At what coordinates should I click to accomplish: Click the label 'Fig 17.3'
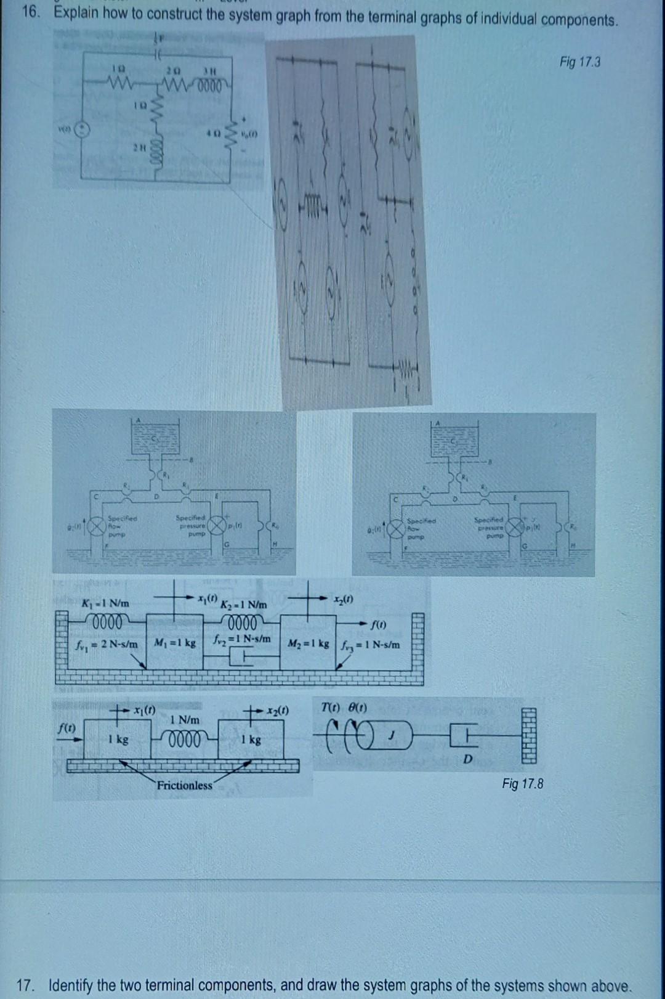coord(579,62)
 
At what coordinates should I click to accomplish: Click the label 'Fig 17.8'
coord(522,784)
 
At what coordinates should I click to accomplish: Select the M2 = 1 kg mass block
coord(309,644)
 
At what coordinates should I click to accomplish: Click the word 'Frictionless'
coord(184,785)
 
